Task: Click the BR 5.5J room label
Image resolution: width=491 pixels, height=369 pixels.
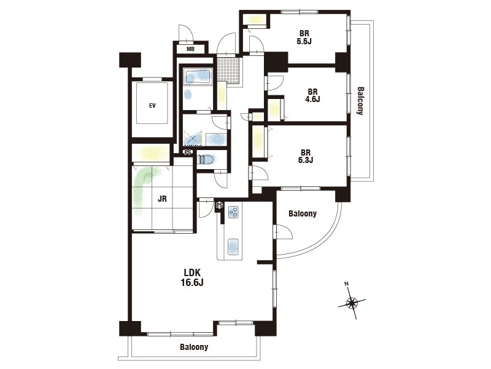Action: click(x=304, y=37)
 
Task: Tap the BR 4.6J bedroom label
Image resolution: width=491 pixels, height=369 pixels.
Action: click(x=312, y=96)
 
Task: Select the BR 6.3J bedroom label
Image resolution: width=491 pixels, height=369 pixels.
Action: click(x=306, y=156)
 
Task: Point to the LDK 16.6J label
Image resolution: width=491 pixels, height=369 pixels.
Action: click(x=192, y=277)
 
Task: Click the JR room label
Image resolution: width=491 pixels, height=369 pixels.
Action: click(x=162, y=199)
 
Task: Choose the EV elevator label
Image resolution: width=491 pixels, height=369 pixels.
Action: click(x=152, y=106)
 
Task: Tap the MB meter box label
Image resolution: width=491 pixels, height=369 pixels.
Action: click(x=190, y=49)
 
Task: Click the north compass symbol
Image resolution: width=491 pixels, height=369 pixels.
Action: click(x=352, y=303)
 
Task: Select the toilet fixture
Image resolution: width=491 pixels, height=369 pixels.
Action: click(x=207, y=160)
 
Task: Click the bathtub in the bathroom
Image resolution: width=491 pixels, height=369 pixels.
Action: click(x=198, y=76)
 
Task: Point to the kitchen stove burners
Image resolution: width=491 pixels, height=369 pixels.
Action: click(x=233, y=212)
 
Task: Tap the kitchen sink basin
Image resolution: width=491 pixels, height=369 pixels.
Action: click(x=233, y=246)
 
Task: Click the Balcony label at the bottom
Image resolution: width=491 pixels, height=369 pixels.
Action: click(x=194, y=347)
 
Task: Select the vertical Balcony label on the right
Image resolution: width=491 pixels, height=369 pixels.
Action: click(x=360, y=101)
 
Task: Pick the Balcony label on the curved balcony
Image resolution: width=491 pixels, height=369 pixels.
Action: click(x=303, y=213)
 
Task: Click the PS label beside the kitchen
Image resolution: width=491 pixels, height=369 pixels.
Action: click(x=220, y=205)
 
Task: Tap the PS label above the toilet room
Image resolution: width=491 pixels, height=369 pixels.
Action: click(x=188, y=153)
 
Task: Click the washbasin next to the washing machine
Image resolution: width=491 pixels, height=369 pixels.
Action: click(x=216, y=139)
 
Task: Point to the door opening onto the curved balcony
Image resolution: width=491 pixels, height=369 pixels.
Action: click(x=284, y=232)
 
